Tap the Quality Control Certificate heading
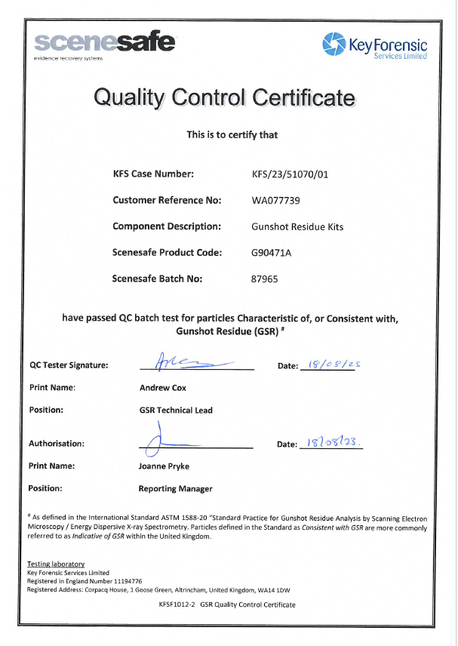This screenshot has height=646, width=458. pos(223,97)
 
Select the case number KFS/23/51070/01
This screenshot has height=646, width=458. pos(290,174)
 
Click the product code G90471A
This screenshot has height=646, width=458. pos(271,252)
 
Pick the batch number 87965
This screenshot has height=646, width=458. pos(265,278)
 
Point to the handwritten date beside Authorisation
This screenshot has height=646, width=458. pos(330,441)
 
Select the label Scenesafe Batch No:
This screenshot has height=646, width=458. pos(158,278)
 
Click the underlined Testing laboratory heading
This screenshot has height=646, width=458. pos(56,564)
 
